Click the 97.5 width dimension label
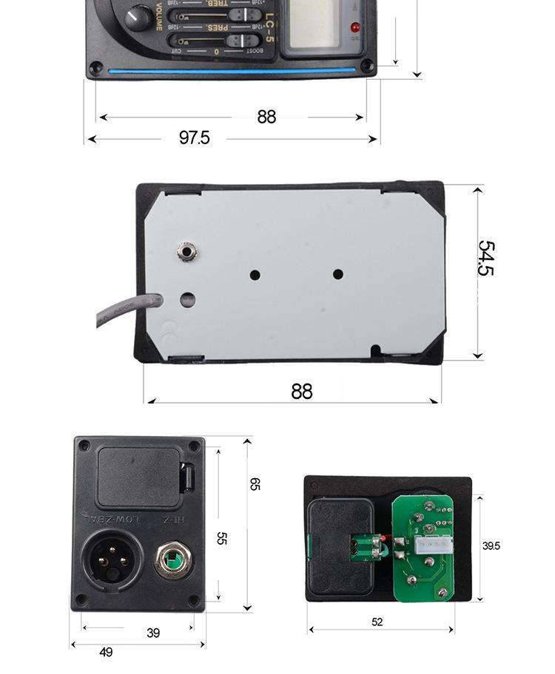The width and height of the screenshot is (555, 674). point(194,137)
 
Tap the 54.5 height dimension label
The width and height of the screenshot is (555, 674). point(485,258)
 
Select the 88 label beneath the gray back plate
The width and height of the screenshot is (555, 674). point(302,391)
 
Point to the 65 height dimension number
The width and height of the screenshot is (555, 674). point(255,484)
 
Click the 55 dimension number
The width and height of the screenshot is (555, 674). point(221,539)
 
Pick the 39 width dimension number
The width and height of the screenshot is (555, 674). point(152,633)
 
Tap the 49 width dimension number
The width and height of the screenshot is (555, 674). point(106,653)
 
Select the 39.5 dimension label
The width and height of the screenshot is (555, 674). point(491,546)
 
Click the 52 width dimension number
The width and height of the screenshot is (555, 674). point(377,622)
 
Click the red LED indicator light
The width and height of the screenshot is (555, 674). point(355,27)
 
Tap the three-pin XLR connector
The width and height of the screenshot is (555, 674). point(109,559)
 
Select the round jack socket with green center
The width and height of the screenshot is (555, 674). point(171,562)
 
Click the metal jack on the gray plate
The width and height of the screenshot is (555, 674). point(186,253)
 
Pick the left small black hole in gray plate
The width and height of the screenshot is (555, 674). point(255,275)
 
